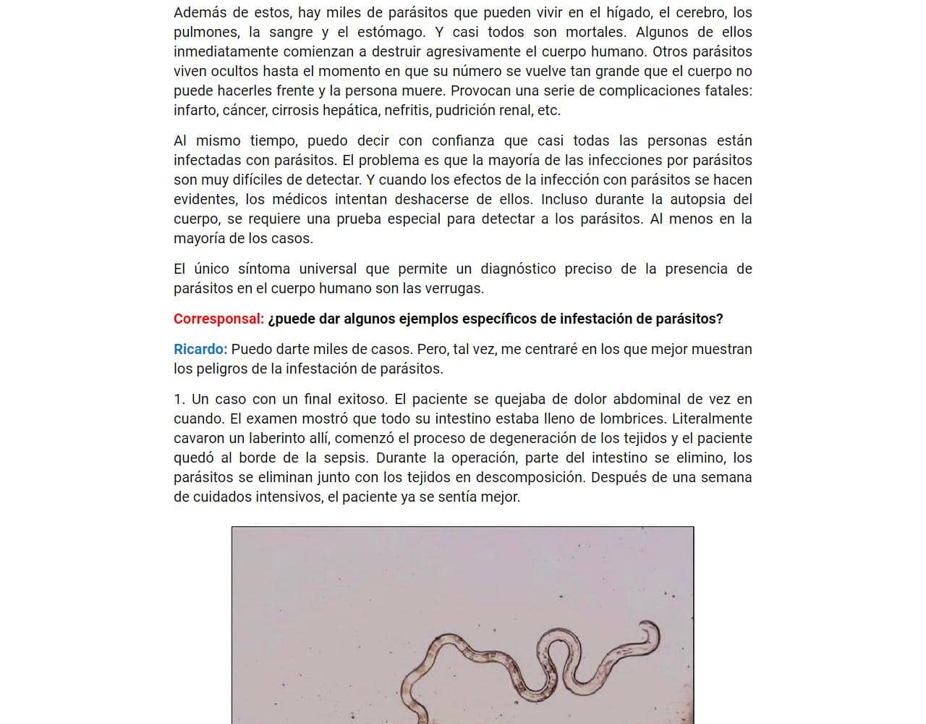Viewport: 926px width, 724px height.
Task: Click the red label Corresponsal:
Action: click(218, 319)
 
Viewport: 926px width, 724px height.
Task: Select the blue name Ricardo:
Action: click(200, 350)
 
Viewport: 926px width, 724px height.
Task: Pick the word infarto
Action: click(195, 111)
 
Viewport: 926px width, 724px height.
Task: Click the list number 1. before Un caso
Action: click(179, 400)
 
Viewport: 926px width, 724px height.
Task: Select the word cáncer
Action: click(245, 111)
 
